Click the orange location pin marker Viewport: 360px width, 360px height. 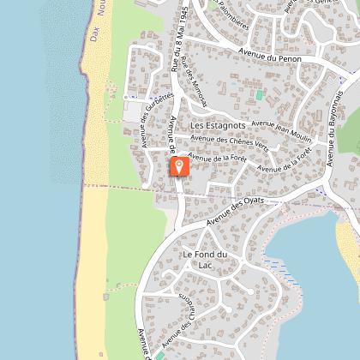click(179, 165)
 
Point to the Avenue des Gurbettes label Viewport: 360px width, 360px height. click(159, 107)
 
